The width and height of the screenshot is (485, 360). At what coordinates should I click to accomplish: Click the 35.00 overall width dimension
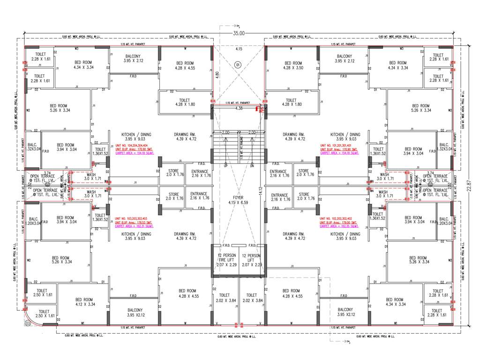click(x=239, y=33)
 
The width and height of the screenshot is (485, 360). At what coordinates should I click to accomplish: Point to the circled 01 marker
click(x=238, y=64)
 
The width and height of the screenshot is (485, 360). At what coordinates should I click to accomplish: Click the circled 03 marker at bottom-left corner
click(x=28, y=323)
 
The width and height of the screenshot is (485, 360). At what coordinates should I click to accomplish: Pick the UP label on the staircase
click(x=226, y=166)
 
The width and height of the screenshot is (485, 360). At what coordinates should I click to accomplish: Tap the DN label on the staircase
click(x=252, y=166)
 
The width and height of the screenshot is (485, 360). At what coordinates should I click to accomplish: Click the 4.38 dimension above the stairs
click(x=239, y=108)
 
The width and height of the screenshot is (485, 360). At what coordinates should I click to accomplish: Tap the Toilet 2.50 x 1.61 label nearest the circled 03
click(x=44, y=314)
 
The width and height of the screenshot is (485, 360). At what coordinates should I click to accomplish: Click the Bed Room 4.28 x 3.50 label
click(x=293, y=66)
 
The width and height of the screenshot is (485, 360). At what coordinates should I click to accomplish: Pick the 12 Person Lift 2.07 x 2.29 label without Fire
click(x=251, y=259)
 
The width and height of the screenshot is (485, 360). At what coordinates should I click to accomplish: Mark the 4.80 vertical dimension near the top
click(x=216, y=74)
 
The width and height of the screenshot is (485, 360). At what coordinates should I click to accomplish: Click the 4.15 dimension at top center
click(x=239, y=49)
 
